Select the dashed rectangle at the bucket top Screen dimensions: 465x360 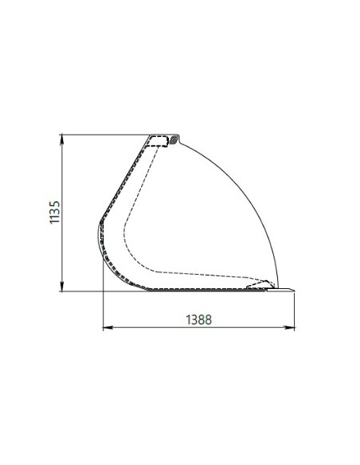click(x=159, y=141)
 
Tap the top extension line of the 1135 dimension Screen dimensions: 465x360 click(x=104, y=134)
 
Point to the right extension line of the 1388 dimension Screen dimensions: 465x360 click(x=295, y=311)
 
